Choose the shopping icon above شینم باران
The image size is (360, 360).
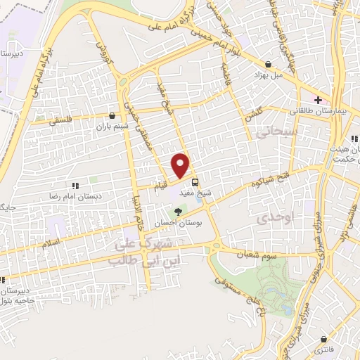tap(112, 115)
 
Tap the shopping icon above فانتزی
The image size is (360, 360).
tap(323, 338)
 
